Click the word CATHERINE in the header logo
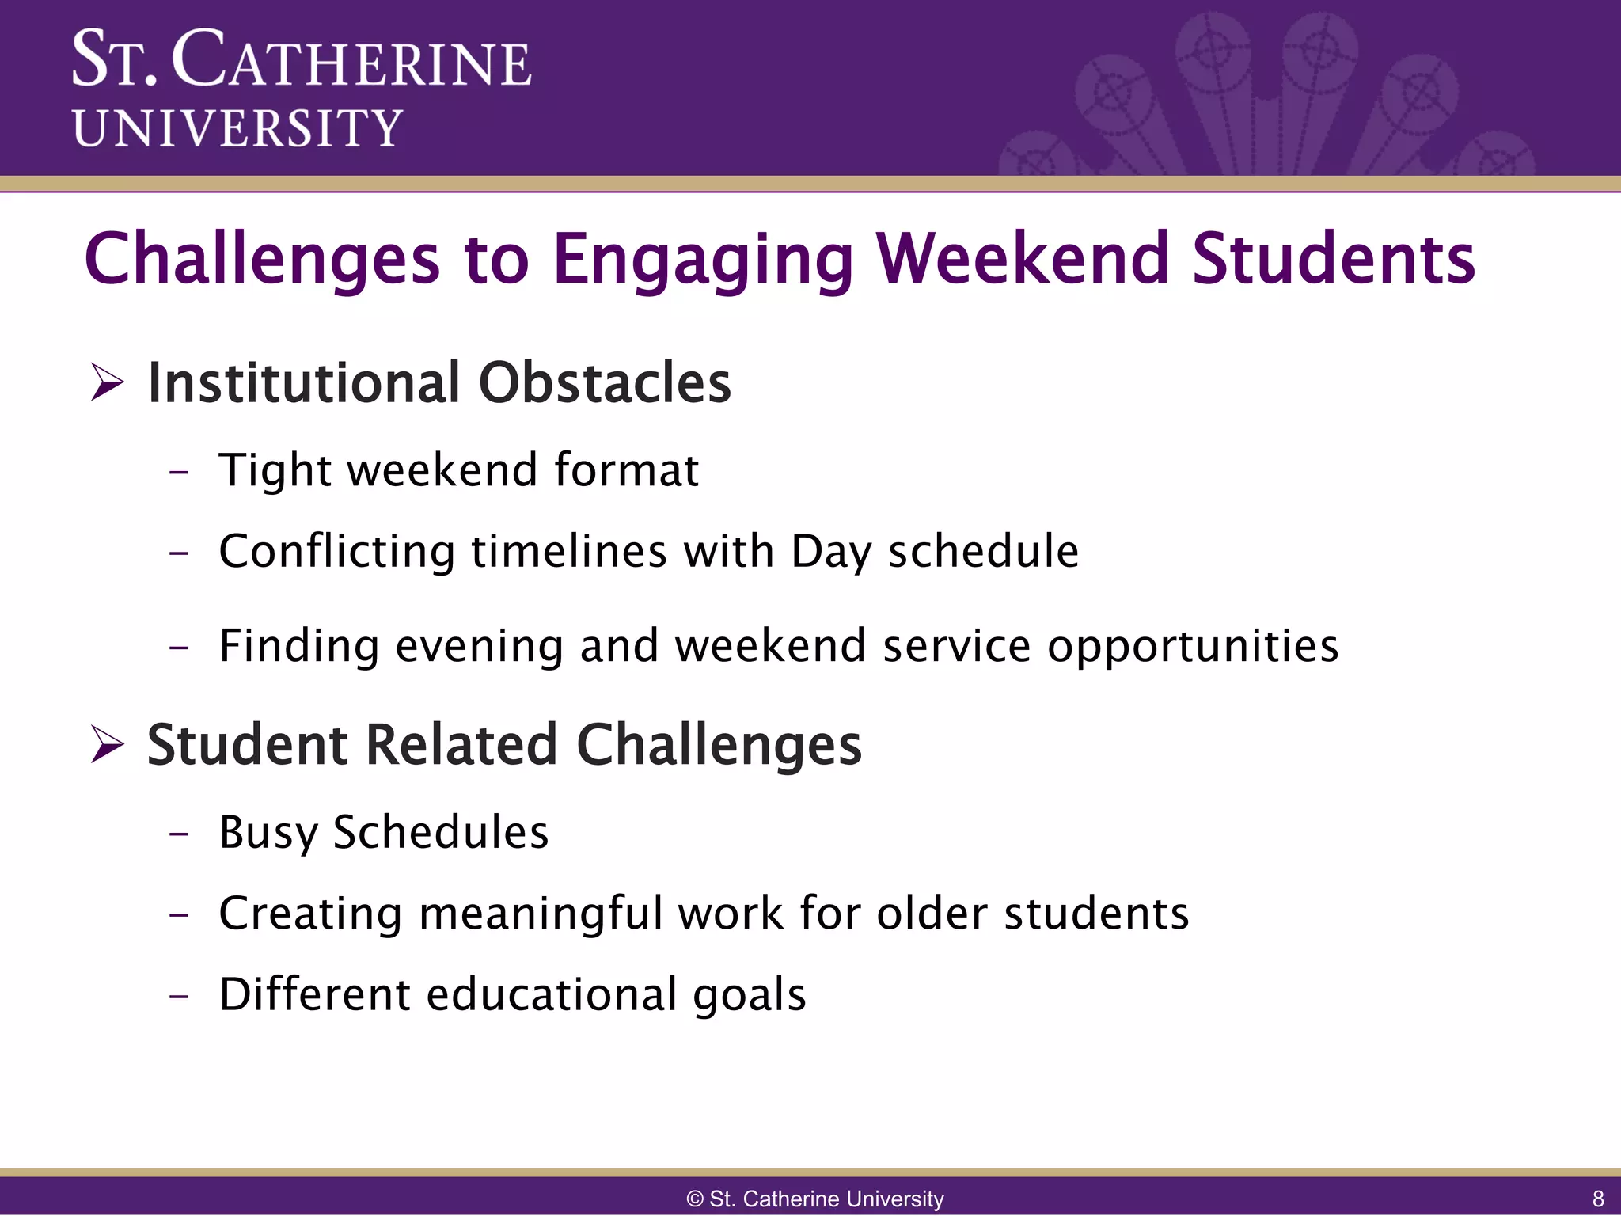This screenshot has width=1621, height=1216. click(351, 60)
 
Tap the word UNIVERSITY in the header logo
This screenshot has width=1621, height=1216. click(237, 128)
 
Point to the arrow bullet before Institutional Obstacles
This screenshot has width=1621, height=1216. click(107, 382)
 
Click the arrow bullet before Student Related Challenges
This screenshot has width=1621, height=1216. click(107, 745)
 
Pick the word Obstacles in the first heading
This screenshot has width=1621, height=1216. click(605, 383)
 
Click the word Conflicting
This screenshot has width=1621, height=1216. click(336, 552)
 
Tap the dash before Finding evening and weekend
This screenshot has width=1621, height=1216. click(180, 648)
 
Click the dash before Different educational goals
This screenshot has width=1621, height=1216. click(180, 996)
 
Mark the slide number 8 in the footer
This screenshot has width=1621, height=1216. click(1597, 1199)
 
